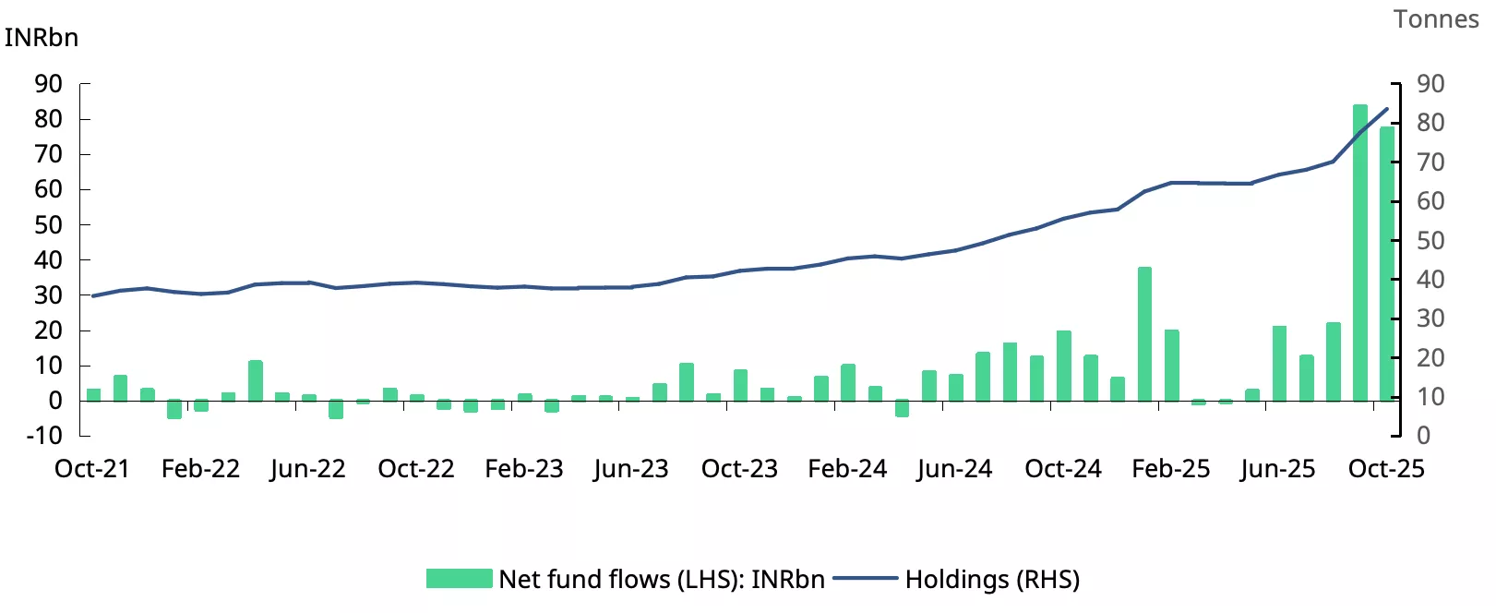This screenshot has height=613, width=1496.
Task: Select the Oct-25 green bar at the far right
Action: click(x=1386, y=264)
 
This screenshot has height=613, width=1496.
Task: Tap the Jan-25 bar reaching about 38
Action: click(x=1144, y=333)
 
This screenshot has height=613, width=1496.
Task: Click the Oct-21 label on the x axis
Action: click(x=92, y=469)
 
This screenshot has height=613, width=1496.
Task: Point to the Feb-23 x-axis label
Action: click(x=524, y=469)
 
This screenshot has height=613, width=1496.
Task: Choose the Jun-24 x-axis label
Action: click(x=955, y=469)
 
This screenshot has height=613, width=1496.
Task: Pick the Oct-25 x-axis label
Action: click(x=1386, y=469)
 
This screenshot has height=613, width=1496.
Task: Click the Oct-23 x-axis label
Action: click(x=739, y=469)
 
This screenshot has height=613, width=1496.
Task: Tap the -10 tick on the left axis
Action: click(x=43, y=436)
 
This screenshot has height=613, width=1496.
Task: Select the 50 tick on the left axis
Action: click(x=48, y=225)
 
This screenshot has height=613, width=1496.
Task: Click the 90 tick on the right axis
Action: click(x=1430, y=84)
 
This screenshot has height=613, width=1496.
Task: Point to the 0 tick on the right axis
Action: click(x=1424, y=436)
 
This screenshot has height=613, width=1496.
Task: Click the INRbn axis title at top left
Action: click(x=42, y=38)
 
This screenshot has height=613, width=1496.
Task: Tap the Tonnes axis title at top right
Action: click(x=1436, y=19)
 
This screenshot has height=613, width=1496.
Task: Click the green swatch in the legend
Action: click(x=459, y=579)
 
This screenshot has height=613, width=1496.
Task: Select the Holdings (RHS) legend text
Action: click(x=992, y=580)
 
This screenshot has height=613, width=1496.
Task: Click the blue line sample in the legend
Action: click(x=865, y=579)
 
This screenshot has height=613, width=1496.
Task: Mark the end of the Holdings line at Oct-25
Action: click(x=1387, y=109)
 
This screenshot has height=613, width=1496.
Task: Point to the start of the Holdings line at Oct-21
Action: click(x=92, y=296)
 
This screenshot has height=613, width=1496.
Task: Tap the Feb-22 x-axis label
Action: click(x=200, y=469)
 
